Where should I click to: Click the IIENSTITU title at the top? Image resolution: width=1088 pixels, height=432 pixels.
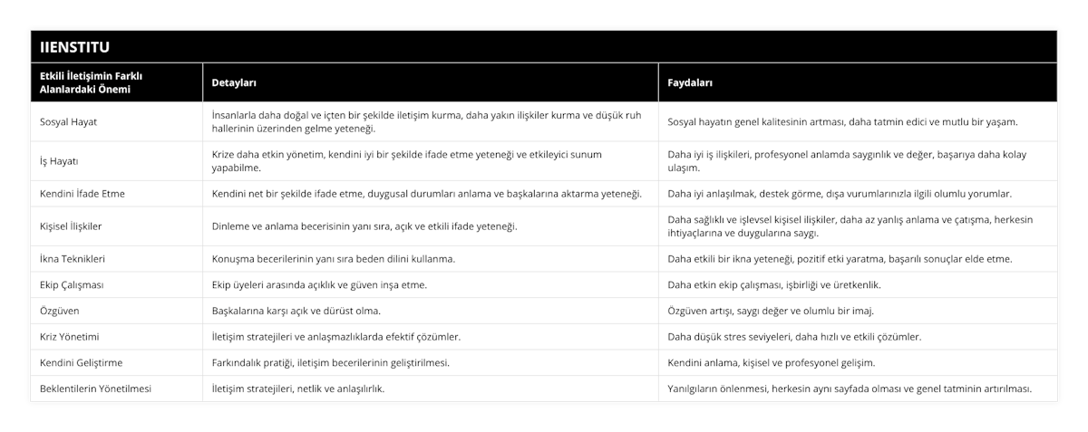click(x=73, y=46)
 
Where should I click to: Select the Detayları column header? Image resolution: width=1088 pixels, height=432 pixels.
click(x=234, y=82)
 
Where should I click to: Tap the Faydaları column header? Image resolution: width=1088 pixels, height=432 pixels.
click(x=689, y=82)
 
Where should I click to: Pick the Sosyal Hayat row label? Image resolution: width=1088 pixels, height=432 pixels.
click(x=70, y=121)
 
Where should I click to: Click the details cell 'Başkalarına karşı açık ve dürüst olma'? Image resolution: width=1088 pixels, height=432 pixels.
click(x=296, y=311)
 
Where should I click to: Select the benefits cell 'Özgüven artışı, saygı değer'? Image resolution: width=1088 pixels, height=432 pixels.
click(x=770, y=311)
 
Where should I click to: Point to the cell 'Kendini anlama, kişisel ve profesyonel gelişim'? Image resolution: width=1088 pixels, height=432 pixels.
click(x=771, y=362)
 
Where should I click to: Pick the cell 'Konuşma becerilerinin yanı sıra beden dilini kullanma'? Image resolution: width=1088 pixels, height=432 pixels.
click(x=333, y=258)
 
